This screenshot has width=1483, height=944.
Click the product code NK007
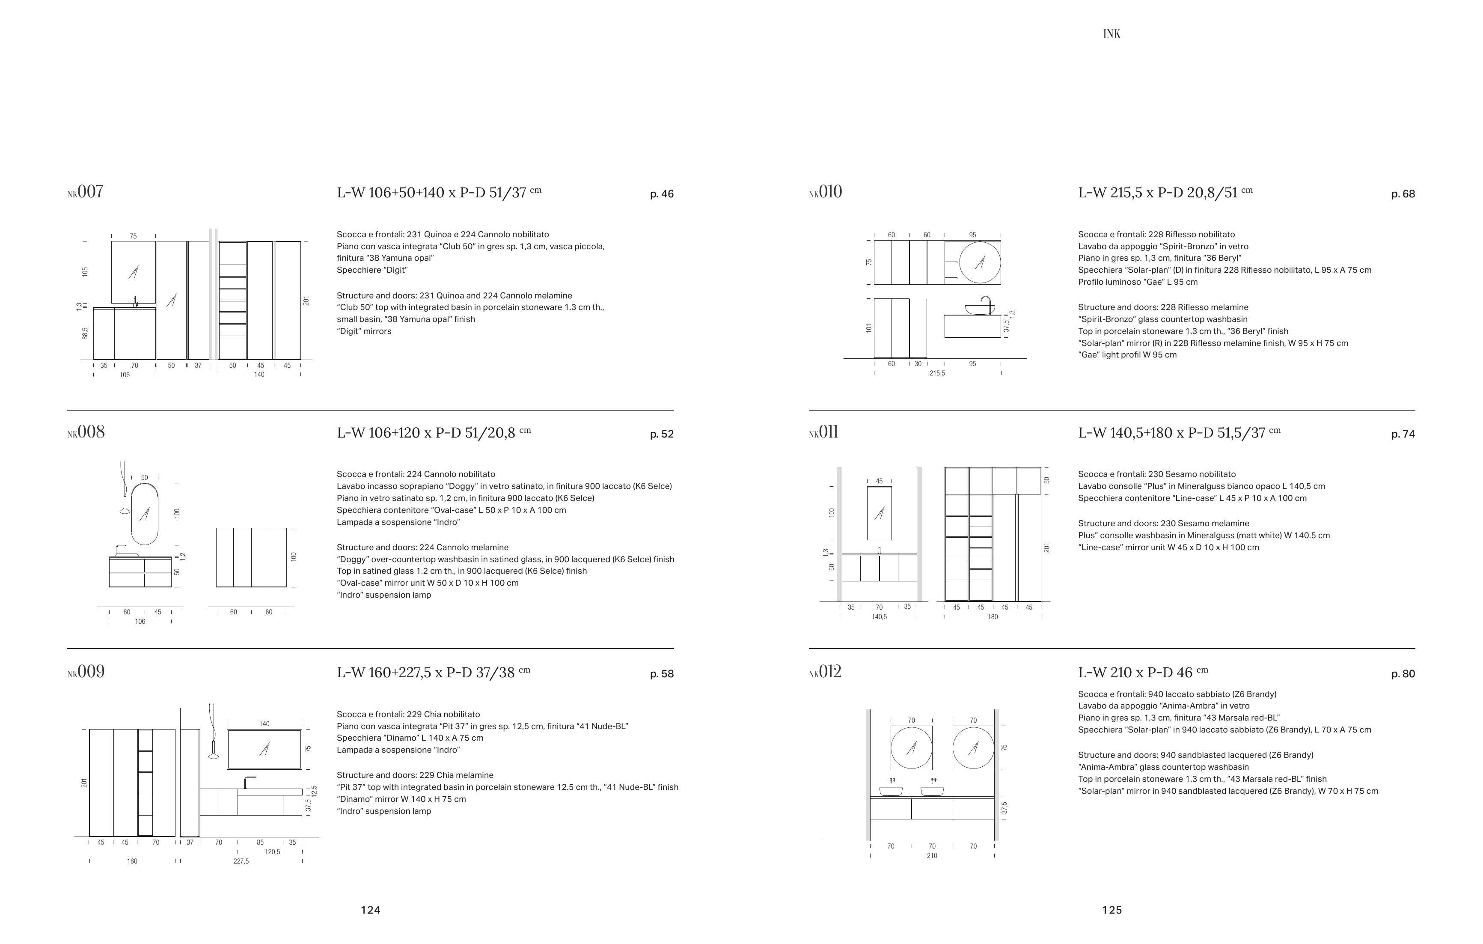coord(85,192)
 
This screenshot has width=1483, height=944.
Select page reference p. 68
coord(1403,194)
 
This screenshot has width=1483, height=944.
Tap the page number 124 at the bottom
coord(370,910)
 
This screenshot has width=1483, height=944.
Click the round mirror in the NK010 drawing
coord(979,262)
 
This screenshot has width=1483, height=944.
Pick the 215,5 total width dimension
coord(937,373)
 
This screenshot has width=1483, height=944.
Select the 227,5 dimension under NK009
coord(241,861)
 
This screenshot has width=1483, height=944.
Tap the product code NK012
coord(825,672)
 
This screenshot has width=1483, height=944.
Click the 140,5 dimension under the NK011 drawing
coord(879,617)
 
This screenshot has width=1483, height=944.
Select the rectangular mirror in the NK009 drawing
coord(264,749)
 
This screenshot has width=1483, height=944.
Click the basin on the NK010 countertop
coord(979,310)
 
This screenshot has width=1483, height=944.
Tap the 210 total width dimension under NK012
coord(932,856)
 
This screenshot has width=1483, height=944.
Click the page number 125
coord(1112,910)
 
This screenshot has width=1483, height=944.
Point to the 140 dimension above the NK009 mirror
coord(264,724)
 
